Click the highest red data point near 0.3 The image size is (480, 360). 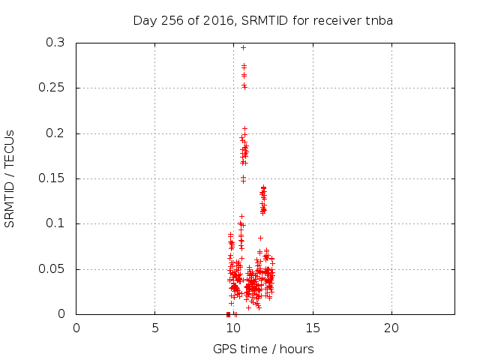tap(243, 47)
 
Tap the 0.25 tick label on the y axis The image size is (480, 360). tap(52, 88)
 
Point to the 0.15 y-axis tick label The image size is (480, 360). tap(52, 178)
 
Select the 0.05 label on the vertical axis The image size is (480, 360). tap(52, 269)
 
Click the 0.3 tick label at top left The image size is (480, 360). tap(55, 43)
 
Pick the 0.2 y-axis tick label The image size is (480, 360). tap(55, 133)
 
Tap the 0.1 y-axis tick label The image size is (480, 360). tap(55, 223)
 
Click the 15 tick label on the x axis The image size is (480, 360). tap(313, 328)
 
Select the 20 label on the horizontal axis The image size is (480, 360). tap(391, 328)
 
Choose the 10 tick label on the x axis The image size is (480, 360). tap(234, 328)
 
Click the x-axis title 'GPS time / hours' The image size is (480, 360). tap(263, 349)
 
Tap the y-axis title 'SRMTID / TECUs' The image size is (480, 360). tap(10, 179)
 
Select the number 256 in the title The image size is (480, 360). tap(173, 20)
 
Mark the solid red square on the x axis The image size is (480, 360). tap(228, 314)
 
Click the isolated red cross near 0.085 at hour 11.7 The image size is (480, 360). tap(260, 238)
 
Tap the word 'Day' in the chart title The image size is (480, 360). tap(145, 21)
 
